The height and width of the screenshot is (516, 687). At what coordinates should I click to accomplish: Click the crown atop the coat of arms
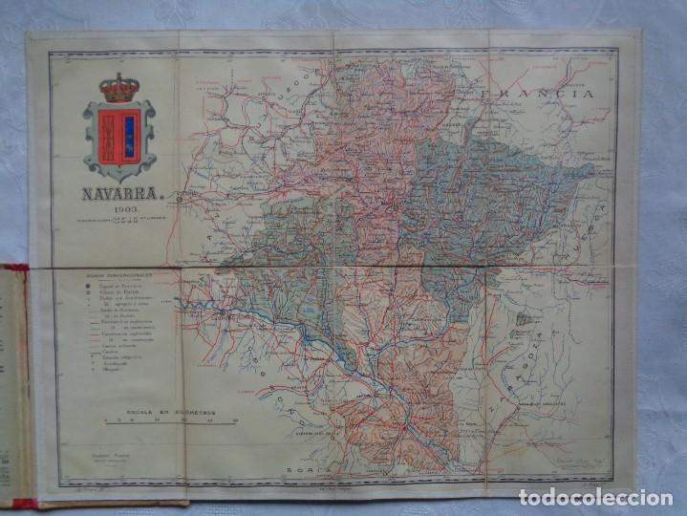point(118,89)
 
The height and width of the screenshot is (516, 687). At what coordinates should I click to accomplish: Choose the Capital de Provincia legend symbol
point(88,284)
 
